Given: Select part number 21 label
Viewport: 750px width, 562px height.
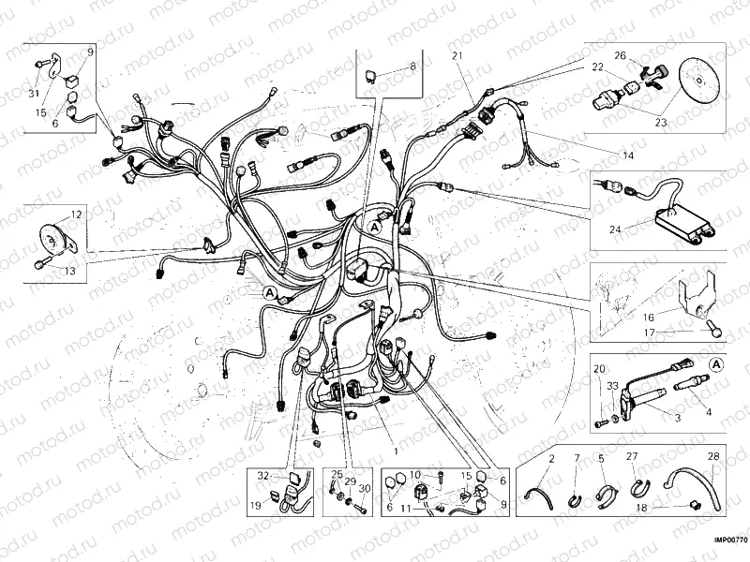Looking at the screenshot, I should (x=457, y=56).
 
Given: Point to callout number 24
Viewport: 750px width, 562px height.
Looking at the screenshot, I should (x=614, y=227).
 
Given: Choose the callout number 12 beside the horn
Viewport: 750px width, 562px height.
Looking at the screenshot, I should (x=76, y=214).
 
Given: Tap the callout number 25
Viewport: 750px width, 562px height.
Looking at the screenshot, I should (x=334, y=474).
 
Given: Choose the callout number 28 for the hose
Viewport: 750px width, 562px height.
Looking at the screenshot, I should (x=713, y=457).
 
